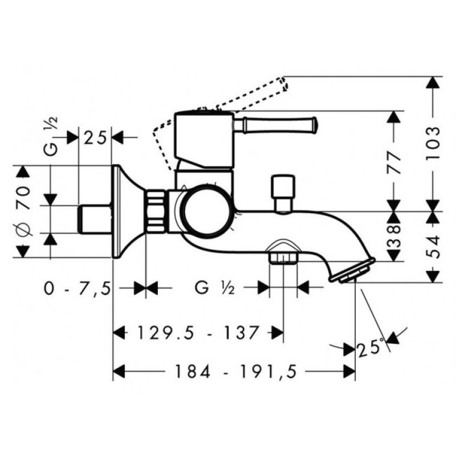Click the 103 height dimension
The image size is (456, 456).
coord(433,143)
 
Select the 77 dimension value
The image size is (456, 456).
coord(394,162)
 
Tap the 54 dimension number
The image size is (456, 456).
coord(433,247)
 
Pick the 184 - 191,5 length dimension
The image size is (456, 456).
coord(235,372)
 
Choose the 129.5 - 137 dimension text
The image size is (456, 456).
coord(198,332)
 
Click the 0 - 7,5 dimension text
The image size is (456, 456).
coord(78,289)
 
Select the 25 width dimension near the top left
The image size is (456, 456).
coord(95,137)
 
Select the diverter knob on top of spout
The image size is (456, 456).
coord(283,193)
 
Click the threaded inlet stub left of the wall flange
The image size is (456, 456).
coord(95,219)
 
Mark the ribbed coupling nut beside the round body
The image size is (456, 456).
coord(156,211)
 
